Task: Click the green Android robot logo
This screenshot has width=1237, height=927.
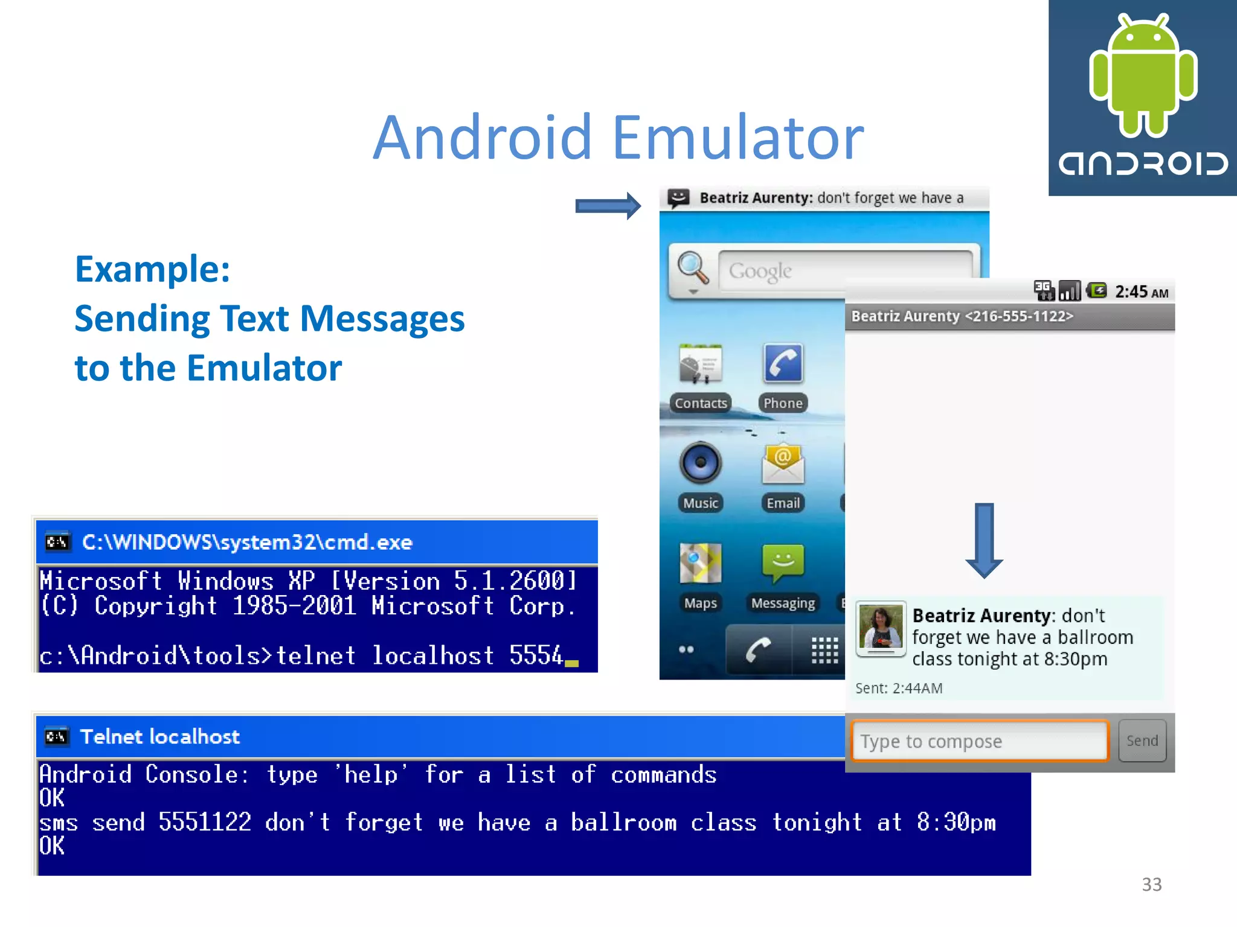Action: click(x=1143, y=75)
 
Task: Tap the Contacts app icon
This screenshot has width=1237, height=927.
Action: click(x=700, y=365)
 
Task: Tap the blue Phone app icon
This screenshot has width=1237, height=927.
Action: click(x=783, y=364)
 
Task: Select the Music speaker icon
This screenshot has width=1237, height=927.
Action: click(x=700, y=463)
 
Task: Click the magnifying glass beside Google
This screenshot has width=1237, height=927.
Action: click(x=692, y=267)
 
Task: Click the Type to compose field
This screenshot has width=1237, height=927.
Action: click(x=979, y=741)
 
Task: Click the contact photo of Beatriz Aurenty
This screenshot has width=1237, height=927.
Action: click(x=881, y=628)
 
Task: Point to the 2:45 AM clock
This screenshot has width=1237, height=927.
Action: click(x=1141, y=292)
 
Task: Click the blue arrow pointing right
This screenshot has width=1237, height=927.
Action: click(x=608, y=206)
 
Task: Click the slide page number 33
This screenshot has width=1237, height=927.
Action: click(x=1151, y=884)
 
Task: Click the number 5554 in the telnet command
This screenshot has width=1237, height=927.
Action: click(x=535, y=655)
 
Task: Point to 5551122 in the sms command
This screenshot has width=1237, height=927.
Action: click(x=205, y=822)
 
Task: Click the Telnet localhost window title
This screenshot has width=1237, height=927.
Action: click(x=160, y=736)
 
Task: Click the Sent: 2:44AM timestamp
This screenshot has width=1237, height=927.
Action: click(x=899, y=688)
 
